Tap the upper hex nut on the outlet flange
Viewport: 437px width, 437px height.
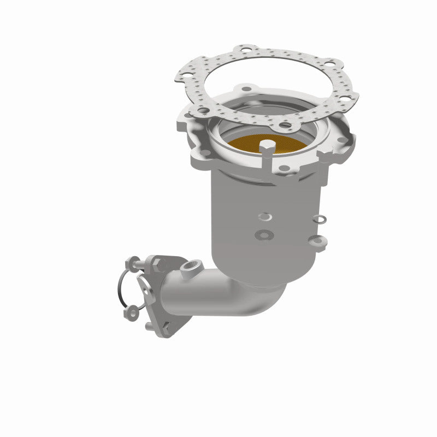[x=159, y=265]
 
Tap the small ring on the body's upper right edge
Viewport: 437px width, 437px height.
[x=318, y=220]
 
